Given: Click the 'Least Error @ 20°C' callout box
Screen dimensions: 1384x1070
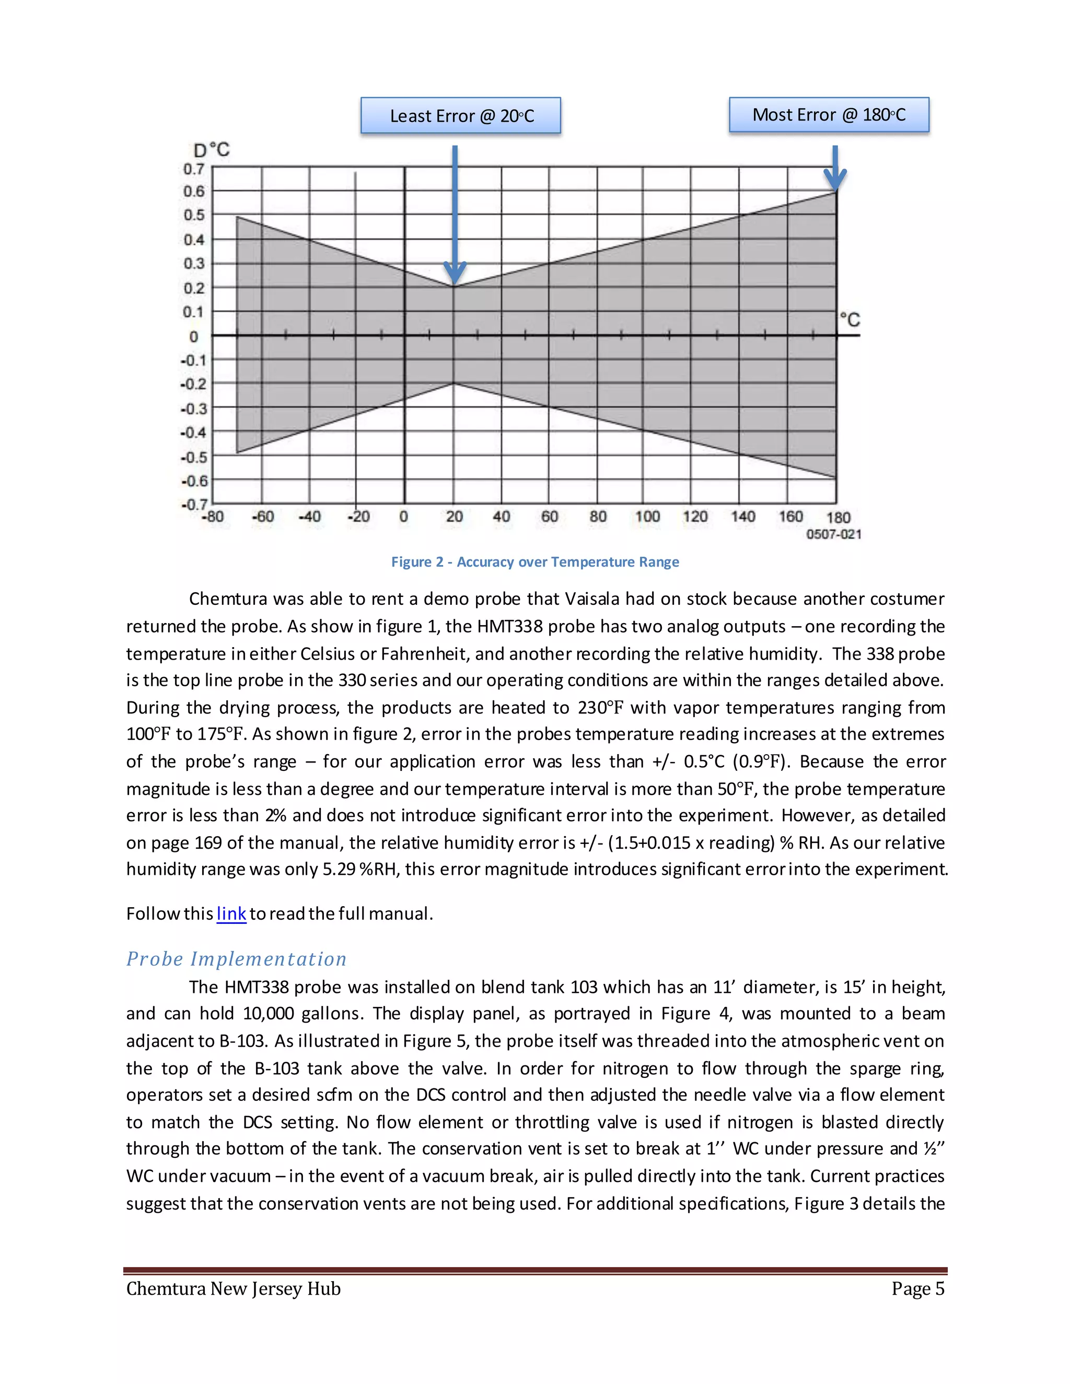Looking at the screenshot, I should [x=461, y=115].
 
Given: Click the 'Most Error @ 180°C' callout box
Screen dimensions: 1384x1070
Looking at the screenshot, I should [x=829, y=115].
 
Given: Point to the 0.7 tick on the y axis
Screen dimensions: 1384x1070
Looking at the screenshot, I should [x=194, y=169].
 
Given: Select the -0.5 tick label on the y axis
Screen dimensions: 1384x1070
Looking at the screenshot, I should [x=193, y=457].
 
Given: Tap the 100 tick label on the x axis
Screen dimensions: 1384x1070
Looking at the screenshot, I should [x=647, y=517].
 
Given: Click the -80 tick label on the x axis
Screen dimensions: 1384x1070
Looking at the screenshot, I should [x=212, y=517].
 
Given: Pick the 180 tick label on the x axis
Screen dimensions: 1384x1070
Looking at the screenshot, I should [x=838, y=518].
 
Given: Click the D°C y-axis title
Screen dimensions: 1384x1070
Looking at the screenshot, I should [x=212, y=150].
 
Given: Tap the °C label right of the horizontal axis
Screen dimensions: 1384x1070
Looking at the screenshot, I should [x=850, y=320].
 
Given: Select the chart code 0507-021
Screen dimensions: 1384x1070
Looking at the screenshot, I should [x=833, y=534].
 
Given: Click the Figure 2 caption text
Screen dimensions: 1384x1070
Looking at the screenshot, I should [x=535, y=562].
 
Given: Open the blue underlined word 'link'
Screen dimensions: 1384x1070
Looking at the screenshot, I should [x=231, y=914].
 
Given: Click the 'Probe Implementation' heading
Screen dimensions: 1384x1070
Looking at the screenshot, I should [x=237, y=959].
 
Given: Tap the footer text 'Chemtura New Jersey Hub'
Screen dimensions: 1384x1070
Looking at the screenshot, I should [x=233, y=1289].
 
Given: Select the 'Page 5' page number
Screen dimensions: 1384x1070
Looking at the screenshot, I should [x=917, y=1289].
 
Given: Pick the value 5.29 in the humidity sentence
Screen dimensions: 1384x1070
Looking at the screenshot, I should [x=339, y=869].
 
